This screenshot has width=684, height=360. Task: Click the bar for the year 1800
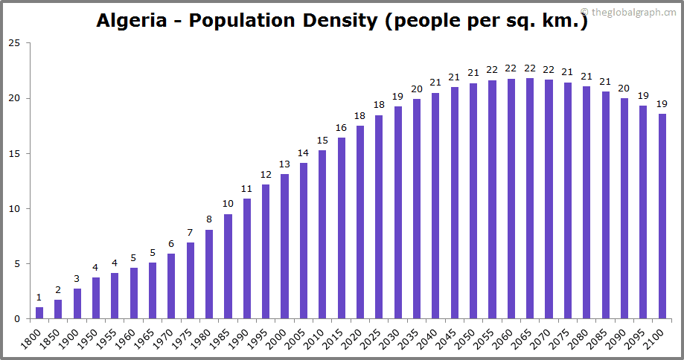click(39, 313)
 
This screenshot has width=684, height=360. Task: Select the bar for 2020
click(360, 222)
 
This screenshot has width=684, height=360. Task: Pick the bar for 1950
click(96, 298)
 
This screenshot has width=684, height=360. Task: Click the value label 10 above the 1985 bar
click(228, 204)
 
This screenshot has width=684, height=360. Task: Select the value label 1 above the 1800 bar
click(39, 298)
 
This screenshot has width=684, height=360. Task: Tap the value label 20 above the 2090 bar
click(624, 88)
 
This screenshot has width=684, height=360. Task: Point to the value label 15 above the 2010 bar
click(322, 141)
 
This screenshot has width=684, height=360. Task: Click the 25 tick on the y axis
click(14, 43)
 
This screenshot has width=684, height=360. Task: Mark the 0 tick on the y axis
click(17, 319)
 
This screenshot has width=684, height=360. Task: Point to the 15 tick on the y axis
click(14, 154)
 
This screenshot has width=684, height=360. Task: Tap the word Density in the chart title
click(336, 21)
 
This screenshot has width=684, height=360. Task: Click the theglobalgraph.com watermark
click(634, 12)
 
